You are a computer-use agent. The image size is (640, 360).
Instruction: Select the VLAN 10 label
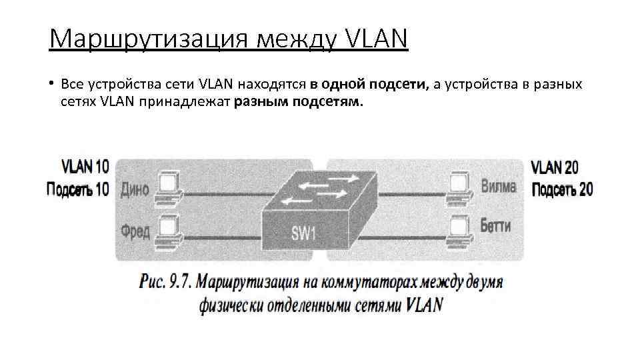pos(85,166)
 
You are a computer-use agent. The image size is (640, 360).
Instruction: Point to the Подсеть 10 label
pos(77,189)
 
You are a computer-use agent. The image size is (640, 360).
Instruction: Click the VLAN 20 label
pos(555,166)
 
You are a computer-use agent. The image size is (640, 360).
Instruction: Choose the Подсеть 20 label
pos(563,189)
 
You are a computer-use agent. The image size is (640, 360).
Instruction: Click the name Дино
pos(135,189)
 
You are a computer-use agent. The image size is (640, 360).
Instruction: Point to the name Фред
pos(135,231)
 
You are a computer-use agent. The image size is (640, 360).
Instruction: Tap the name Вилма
pos(499,186)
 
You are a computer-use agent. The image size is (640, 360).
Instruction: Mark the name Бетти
pos(496,226)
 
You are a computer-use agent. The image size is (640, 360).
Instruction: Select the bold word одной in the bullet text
pos(343,85)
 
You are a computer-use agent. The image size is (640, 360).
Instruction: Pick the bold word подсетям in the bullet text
pos(329,102)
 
